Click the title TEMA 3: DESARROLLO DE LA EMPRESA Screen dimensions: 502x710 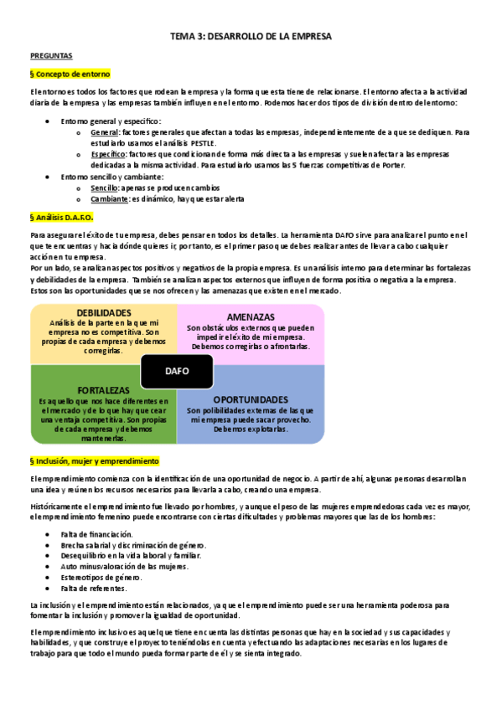(x=251, y=37)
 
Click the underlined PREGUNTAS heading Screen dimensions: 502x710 (x=51, y=56)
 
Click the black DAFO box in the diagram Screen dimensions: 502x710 (x=177, y=371)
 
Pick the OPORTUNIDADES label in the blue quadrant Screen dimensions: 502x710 (x=251, y=399)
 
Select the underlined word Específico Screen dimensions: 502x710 (x=107, y=155)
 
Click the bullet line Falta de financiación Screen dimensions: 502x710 (x=96, y=534)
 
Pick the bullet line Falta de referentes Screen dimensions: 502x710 (x=93, y=589)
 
